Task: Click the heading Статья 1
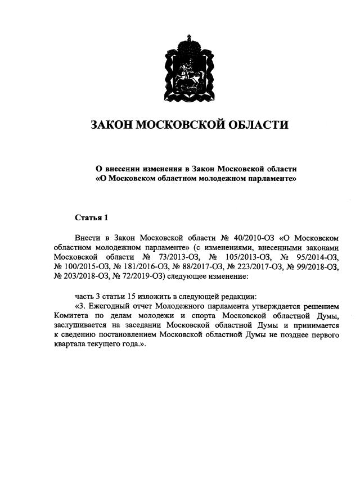click(x=91, y=217)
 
